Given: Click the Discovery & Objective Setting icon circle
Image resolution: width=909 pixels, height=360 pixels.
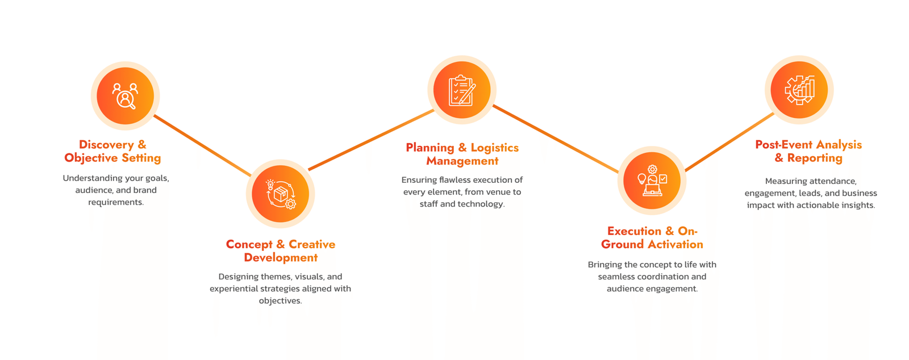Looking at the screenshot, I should click(125, 96).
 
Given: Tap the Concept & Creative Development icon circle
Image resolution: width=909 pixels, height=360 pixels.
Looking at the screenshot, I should click(280, 194).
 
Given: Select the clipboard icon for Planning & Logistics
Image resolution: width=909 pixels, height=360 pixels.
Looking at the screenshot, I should click(462, 90).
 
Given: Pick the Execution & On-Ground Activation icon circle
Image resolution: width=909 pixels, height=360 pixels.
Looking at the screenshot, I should click(652, 181).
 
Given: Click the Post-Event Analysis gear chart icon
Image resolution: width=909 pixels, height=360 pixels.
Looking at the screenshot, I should click(799, 90).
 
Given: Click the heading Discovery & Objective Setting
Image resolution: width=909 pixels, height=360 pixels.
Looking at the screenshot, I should click(112, 151).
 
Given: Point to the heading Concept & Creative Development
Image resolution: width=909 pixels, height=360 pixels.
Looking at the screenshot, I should click(281, 250).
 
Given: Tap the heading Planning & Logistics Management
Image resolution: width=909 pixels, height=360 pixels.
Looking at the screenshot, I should click(462, 154).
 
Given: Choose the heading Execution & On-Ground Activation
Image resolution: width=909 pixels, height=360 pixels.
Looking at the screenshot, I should click(652, 237).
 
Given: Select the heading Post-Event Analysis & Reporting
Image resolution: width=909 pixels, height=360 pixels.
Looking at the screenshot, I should click(808, 151).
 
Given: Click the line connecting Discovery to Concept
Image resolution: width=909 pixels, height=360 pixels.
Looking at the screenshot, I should click(202, 145).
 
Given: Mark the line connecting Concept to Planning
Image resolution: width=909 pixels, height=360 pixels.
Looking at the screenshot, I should click(370, 139).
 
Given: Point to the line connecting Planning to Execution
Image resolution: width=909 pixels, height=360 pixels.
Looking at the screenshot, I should click(555, 138).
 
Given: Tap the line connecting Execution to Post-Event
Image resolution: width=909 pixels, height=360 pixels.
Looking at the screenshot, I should click(729, 141).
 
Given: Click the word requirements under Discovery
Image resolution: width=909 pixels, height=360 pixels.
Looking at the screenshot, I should click(115, 202).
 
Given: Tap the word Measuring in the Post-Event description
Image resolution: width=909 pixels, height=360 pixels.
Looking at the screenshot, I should click(786, 181).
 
